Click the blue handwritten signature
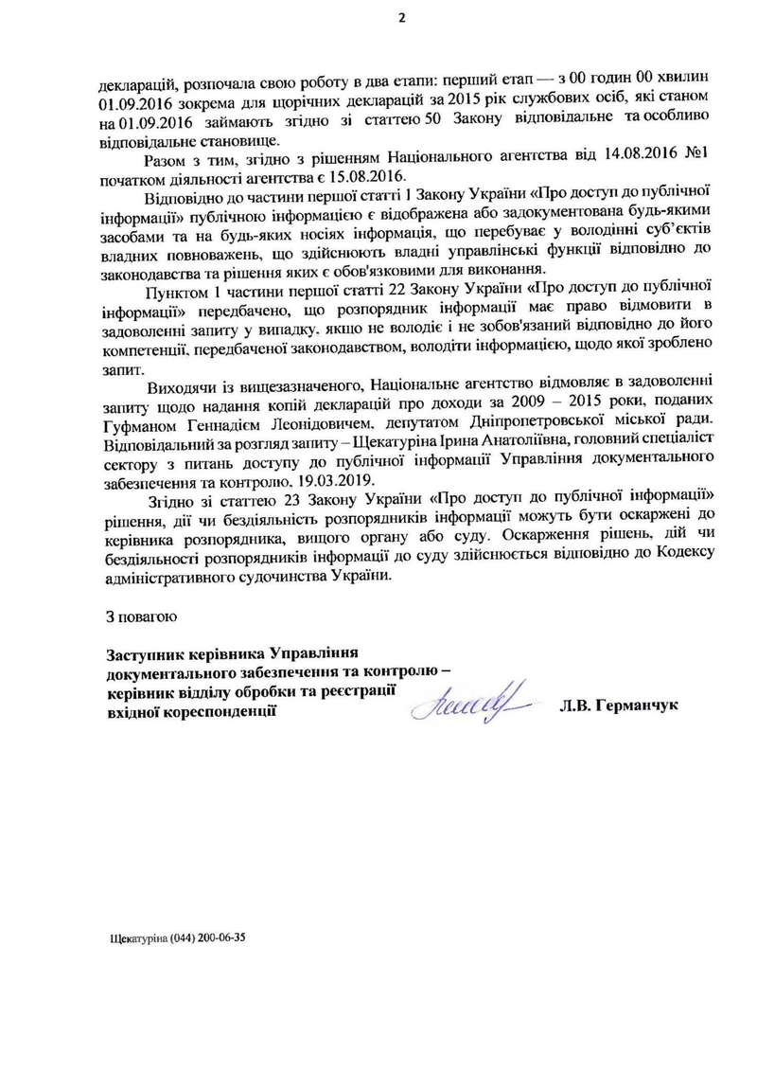click(x=470, y=703)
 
